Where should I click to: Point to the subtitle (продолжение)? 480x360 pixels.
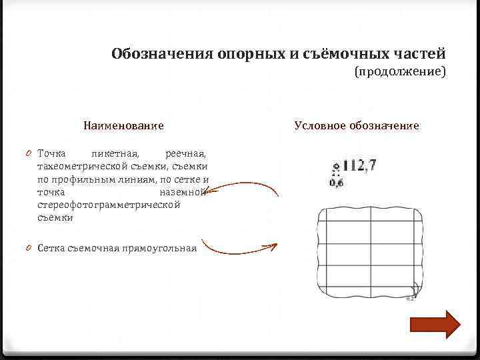tap(400, 71)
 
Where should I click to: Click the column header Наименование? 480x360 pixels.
tap(123, 125)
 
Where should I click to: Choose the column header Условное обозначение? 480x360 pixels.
tap(356, 125)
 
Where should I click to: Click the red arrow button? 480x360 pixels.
tap(435, 325)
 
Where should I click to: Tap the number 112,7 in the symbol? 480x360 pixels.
tap(359, 165)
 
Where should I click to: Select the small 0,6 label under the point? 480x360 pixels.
tap(337, 183)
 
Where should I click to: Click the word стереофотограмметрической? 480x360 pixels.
tap(109, 205)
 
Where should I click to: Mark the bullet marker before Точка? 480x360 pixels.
tap(31, 154)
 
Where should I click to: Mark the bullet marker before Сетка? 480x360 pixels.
tap(31, 249)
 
